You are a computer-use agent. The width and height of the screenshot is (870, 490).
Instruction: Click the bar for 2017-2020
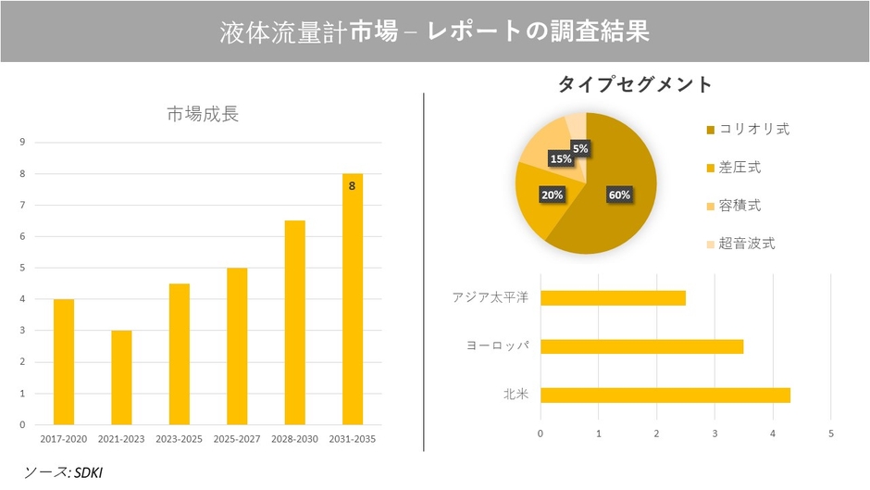[x=64, y=361]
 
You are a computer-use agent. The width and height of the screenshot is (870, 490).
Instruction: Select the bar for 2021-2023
[x=121, y=377]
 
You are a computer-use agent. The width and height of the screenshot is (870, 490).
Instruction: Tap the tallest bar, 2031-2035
[x=353, y=298]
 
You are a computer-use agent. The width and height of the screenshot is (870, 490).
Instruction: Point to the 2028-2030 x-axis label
[x=294, y=438]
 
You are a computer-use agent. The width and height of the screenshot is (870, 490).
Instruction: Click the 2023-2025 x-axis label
[x=179, y=438]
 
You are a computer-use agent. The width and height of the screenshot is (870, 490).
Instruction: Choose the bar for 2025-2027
[x=237, y=346]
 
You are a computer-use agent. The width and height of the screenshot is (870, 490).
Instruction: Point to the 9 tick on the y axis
[x=22, y=143]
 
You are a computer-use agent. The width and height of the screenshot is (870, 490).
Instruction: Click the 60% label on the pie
[x=619, y=195]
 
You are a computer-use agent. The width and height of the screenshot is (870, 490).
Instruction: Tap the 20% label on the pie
[x=552, y=195]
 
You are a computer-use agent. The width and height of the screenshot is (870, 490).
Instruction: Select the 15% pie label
[x=561, y=159]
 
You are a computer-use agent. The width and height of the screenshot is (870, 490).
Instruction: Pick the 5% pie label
[x=580, y=148]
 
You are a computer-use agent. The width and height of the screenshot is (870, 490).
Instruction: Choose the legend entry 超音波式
[x=748, y=245]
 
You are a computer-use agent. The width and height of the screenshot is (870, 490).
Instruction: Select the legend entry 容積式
[x=740, y=206]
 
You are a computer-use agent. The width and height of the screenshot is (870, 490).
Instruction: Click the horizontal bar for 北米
[x=665, y=395]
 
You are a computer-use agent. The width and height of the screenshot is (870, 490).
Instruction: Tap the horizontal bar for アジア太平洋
[x=613, y=297]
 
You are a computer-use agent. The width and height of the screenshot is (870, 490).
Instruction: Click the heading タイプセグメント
[x=634, y=84]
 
